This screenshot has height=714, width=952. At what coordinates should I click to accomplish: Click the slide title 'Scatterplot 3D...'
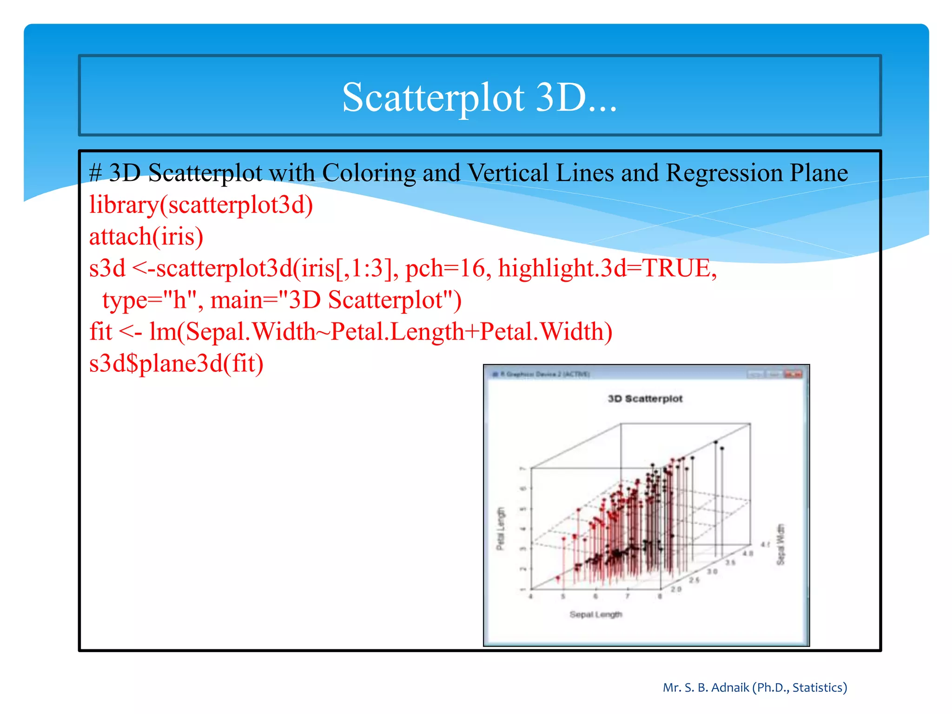click(479, 97)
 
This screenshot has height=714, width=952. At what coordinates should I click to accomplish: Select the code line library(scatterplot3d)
click(201, 205)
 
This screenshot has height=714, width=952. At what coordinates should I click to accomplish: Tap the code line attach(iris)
click(146, 236)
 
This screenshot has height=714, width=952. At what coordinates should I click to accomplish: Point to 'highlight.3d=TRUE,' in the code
click(607, 268)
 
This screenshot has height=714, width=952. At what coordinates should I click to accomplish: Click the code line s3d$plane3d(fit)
click(176, 363)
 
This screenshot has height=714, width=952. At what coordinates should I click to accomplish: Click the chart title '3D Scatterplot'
click(645, 399)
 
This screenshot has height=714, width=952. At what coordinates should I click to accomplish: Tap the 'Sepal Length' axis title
click(595, 615)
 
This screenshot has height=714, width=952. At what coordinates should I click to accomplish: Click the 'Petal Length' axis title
click(501, 529)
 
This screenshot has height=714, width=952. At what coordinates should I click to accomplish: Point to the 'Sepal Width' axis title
click(780, 544)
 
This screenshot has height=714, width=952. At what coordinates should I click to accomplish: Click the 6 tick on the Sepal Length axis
click(595, 596)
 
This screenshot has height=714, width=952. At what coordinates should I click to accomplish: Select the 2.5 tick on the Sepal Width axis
click(694, 580)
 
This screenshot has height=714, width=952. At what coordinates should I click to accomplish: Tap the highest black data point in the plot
click(716, 442)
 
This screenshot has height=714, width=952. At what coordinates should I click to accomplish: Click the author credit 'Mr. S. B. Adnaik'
click(706, 688)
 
